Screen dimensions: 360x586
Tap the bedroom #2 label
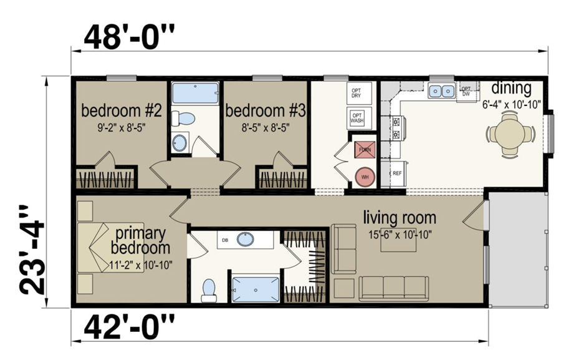pyautogui.click(x=122, y=112)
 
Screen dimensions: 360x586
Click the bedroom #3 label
pyautogui.click(x=265, y=112)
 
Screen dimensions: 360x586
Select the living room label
pyautogui.click(x=400, y=218)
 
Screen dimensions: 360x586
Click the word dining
pyautogui.click(x=511, y=88)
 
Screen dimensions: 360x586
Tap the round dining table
pyautogui.click(x=511, y=133)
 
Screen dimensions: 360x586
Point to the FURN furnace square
pyautogui.click(x=363, y=149)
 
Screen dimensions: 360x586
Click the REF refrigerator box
pyautogui.click(x=396, y=173)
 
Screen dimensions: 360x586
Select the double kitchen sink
pyautogui.click(x=441, y=92)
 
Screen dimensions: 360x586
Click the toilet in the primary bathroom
pyautogui.click(x=209, y=289)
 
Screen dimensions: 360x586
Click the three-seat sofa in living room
pyautogui.click(x=393, y=288)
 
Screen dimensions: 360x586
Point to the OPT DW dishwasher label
pyautogui.click(x=465, y=91)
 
